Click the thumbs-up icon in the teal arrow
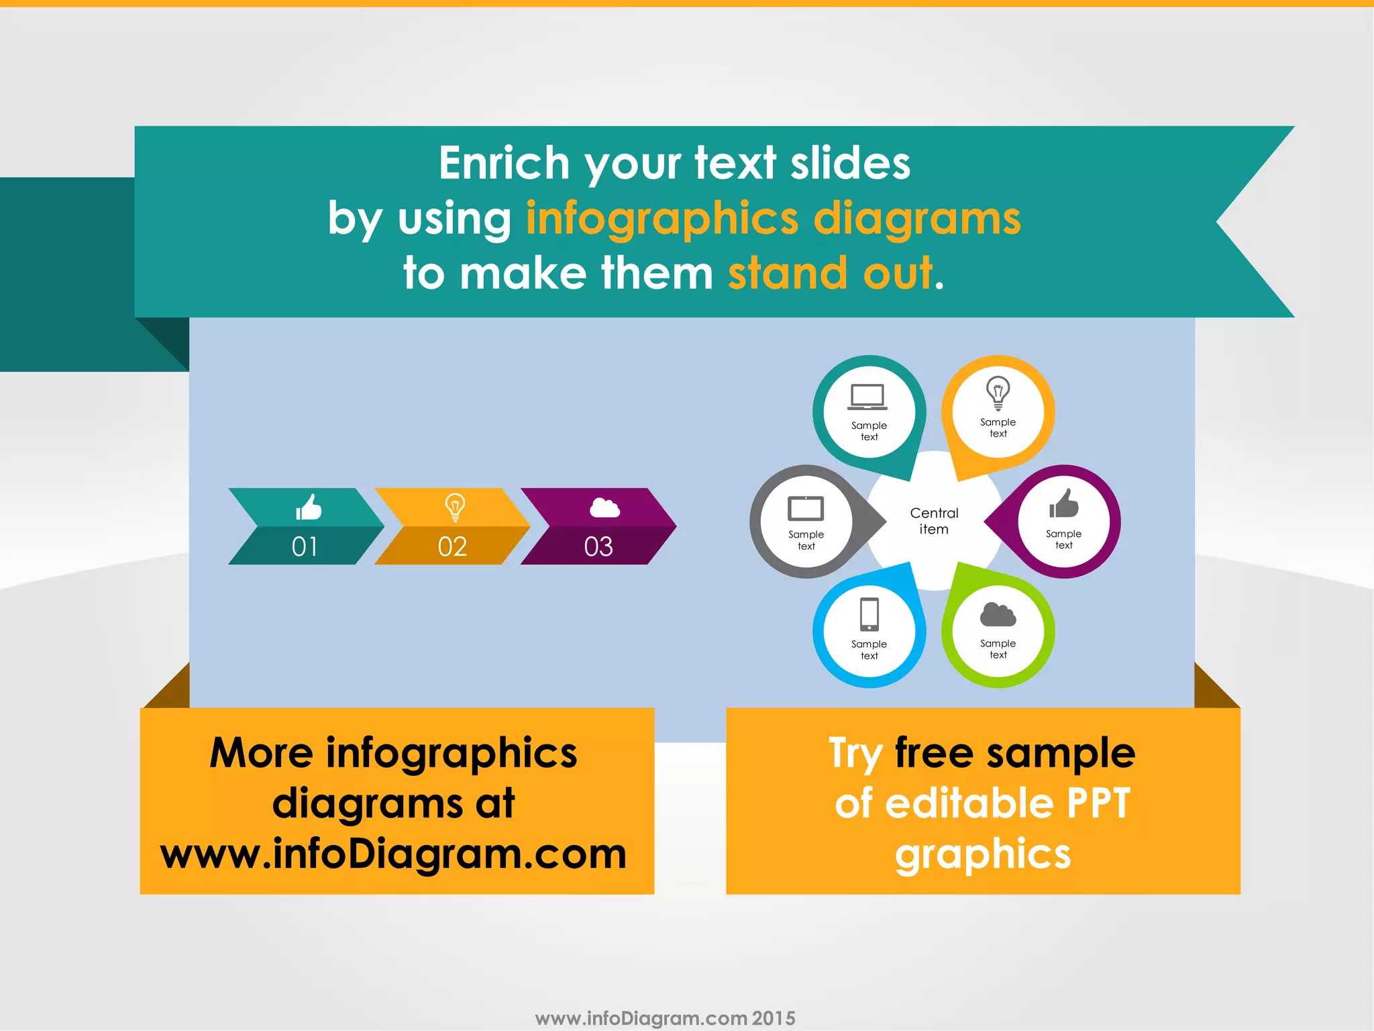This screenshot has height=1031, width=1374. coord(309,507)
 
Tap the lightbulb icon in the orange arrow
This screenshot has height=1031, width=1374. coord(455,507)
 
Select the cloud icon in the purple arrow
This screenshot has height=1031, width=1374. coord(604,508)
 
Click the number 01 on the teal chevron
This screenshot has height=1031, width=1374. coord(305,546)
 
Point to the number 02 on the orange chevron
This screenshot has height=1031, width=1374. coord(452,546)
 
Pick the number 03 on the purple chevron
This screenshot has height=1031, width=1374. coord(598,546)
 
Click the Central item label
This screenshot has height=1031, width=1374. coord(934,521)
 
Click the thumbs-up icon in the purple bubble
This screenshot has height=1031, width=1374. coord(1064,504)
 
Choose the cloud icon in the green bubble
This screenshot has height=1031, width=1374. coord(998,614)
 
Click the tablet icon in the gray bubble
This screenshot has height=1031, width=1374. coord(806,508)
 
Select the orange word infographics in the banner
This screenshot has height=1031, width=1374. coord(662,219)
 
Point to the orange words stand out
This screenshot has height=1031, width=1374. coord(831,273)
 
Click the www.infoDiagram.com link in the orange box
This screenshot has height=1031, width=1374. coord(394,854)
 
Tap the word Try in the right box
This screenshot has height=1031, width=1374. coord(855,753)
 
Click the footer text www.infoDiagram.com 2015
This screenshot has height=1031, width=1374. coord(665,1018)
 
